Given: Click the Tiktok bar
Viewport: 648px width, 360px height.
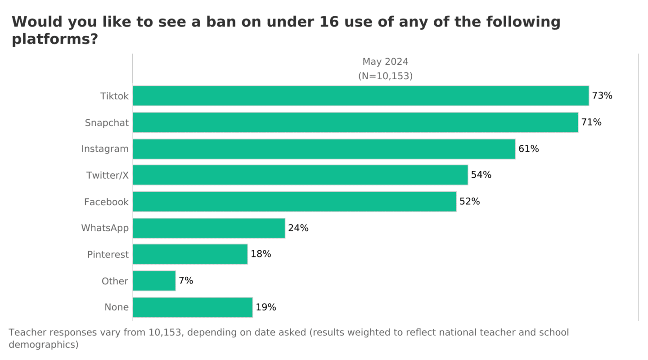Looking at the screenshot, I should pyautogui.click(x=360, y=96).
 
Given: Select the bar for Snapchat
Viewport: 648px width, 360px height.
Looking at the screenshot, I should pyautogui.click(x=355, y=122).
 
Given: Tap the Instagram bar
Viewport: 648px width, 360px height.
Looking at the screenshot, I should pyautogui.click(x=324, y=149).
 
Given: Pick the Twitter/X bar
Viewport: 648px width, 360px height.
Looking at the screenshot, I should pyautogui.click(x=300, y=175).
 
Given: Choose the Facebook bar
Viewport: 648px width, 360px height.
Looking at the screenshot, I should pyautogui.click(x=294, y=202).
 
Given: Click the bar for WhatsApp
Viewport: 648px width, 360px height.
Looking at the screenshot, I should pyautogui.click(x=209, y=228).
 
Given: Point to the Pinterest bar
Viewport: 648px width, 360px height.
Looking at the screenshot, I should pyautogui.click(x=190, y=254).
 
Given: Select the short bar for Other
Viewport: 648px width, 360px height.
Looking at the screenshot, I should pyautogui.click(x=154, y=281).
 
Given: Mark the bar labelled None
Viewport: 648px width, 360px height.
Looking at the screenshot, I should pyautogui.click(x=193, y=307).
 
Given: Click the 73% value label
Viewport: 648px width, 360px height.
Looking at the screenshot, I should pyautogui.click(x=602, y=96).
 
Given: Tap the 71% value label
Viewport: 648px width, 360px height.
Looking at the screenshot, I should pyautogui.click(x=591, y=122).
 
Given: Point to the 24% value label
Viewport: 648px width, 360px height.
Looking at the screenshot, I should pyautogui.click(x=298, y=228).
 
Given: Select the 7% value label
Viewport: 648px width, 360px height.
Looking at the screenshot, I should pyautogui.click(x=186, y=281).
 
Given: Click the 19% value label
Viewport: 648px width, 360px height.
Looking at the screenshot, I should pyautogui.click(x=266, y=307).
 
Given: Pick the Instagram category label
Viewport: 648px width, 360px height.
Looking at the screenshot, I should pyautogui.click(x=105, y=149).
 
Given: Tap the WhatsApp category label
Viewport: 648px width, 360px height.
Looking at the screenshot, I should pyautogui.click(x=105, y=228).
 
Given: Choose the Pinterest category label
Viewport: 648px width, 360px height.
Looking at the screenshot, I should pyautogui.click(x=108, y=255).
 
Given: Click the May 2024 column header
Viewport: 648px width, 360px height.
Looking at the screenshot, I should pyautogui.click(x=385, y=62).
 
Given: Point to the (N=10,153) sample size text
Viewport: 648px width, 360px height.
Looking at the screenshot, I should pyautogui.click(x=385, y=76).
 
